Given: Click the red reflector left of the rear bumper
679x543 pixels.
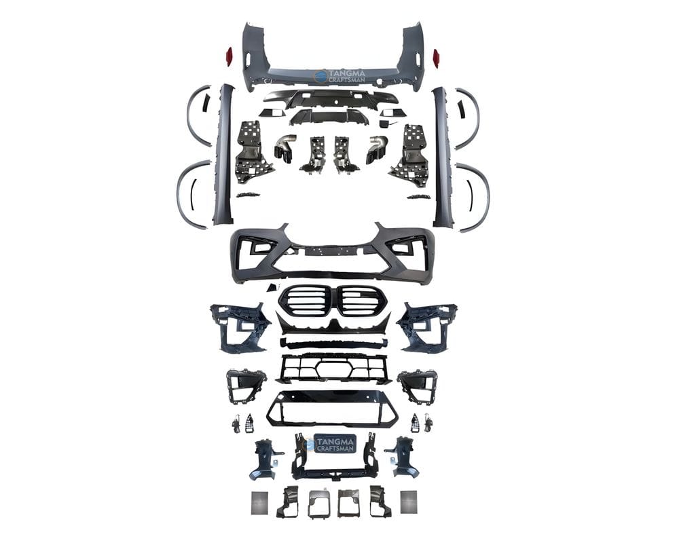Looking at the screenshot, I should tap(229, 56).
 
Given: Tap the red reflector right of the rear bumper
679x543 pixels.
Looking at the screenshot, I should tap(437, 56).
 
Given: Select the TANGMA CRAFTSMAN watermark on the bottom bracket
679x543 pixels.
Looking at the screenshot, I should tap(332, 444).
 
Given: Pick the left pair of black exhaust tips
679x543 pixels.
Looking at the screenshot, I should tap(286, 147).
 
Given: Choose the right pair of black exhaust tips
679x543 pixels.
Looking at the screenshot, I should tap(377, 147).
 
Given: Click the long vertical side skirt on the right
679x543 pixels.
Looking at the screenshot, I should tap(442, 156).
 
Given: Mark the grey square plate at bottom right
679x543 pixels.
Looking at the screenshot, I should tap(409, 502).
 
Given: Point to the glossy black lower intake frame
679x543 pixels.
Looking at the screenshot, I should tap(332, 408).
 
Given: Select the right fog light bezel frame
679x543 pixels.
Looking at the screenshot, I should tap(418, 386).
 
